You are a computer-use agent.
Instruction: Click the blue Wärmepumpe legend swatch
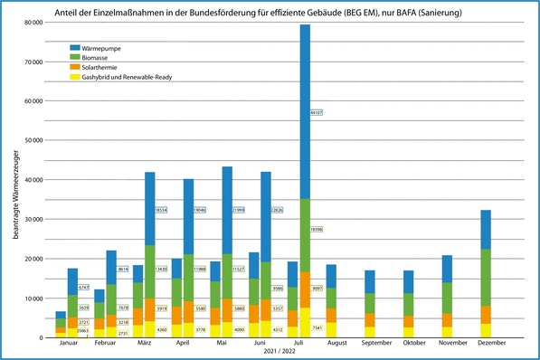[75, 47]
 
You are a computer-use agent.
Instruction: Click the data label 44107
[317, 112]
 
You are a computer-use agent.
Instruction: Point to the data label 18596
[317, 230]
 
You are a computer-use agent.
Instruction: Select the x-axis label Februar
[105, 345]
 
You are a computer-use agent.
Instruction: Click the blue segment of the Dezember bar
[485, 230]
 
